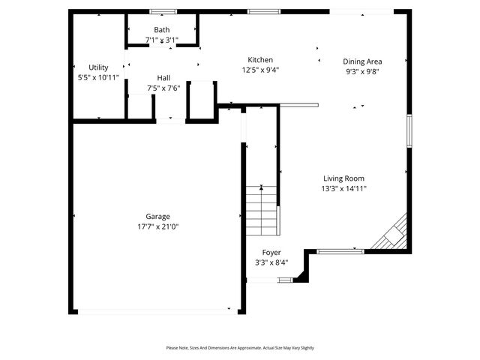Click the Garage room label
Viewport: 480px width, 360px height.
[x=157, y=216]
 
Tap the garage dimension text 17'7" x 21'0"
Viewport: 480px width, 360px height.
[x=157, y=226]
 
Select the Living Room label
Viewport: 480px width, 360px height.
[x=344, y=178]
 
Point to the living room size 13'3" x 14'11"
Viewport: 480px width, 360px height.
[x=344, y=188]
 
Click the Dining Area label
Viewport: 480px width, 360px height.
[x=363, y=61]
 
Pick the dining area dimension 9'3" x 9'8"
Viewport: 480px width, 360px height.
[x=363, y=71]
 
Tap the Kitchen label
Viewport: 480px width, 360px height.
[x=260, y=60]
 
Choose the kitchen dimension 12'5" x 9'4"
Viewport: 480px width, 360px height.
[x=260, y=70]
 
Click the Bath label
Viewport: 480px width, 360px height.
[x=162, y=30]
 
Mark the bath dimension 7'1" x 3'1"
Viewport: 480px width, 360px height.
[x=162, y=40]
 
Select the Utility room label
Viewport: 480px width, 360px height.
[x=98, y=67]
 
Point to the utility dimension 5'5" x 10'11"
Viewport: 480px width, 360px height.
[x=98, y=77]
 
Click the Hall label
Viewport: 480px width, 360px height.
[x=163, y=78]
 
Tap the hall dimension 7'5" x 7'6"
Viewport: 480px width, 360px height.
[x=163, y=88]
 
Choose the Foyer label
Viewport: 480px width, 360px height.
[x=271, y=253]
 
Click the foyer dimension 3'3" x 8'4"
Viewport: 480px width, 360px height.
[x=271, y=262]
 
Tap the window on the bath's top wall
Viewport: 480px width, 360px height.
[x=162, y=11]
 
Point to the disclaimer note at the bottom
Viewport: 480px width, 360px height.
[x=240, y=348]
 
